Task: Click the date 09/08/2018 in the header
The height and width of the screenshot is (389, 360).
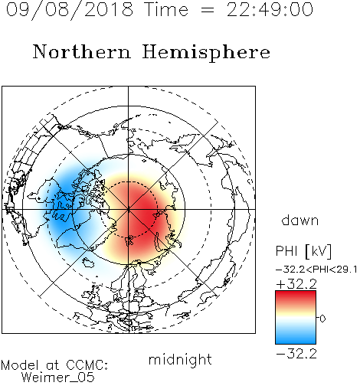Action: [x=70, y=10]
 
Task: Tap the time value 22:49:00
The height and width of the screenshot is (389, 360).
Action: [x=270, y=9]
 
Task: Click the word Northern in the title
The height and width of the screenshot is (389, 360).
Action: [x=82, y=51]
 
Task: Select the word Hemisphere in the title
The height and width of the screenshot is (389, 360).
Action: [x=206, y=53]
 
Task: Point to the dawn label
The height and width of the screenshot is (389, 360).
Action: [x=300, y=221]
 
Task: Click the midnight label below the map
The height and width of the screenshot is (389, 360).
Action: [x=180, y=360]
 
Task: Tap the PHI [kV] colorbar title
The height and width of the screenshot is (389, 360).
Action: [x=303, y=251]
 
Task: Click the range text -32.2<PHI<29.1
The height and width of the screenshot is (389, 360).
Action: [x=316, y=270]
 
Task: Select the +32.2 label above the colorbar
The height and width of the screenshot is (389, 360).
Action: [x=296, y=284]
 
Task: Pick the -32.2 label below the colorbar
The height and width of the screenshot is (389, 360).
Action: [x=296, y=354]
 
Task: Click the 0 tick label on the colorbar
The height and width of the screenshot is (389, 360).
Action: [x=322, y=319]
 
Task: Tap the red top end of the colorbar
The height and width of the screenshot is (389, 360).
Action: [x=296, y=293]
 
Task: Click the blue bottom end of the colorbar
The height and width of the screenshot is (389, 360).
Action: [x=296, y=342]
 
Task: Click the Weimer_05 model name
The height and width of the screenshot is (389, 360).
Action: [x=58, y=378]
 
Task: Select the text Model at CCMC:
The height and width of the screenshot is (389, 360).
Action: [x=54, y=365]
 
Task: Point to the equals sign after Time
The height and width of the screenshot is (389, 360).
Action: [x=207, y=10]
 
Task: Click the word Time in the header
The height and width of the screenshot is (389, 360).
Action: [x=166, y=9]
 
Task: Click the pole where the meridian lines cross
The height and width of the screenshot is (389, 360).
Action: [x=128, y=209]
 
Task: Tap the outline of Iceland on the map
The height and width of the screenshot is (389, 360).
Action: [x=88, y=262]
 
